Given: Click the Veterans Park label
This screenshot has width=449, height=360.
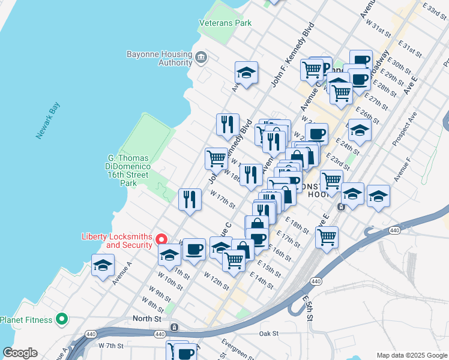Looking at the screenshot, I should [226, 23].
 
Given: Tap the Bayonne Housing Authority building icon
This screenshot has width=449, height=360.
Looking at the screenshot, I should [200, 58].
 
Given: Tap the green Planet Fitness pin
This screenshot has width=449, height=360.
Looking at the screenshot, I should [61, 319].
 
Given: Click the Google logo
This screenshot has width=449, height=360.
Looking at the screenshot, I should [20, 353].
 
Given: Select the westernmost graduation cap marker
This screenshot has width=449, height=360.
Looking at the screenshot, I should [103, 265].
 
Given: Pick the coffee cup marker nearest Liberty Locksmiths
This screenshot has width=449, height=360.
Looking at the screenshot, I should [193, 249].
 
